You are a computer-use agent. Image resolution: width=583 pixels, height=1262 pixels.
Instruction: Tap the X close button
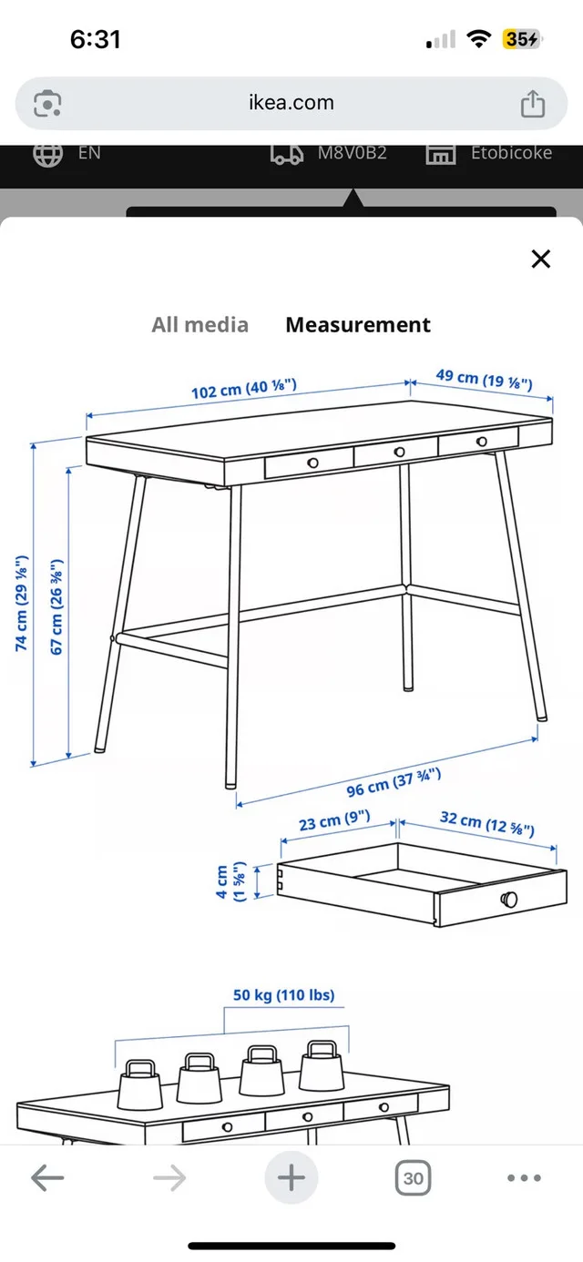[x=541, y=260]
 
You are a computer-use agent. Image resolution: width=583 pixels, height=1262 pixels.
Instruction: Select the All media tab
[x=199, y=325]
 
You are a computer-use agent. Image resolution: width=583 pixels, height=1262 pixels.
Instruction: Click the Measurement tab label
[x=358, y=325]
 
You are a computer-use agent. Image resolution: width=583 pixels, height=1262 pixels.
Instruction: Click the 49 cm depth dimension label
[x=483, y=380]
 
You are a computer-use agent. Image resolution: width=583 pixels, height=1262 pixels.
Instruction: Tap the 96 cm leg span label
[x=394, y=782]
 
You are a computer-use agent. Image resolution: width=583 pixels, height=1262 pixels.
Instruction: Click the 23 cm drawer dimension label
[x=333, y=821]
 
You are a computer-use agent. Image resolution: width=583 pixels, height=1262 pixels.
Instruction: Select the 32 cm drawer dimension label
[x=486, y=823]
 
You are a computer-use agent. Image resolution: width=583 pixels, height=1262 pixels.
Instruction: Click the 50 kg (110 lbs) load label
[x=283, y=995]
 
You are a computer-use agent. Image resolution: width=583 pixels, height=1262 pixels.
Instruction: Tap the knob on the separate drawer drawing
[x=509, y=900]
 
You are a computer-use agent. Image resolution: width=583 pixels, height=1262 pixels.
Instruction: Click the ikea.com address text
[x=291, y=103]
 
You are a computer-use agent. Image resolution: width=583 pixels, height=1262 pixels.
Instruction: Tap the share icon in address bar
[x=532, y=104]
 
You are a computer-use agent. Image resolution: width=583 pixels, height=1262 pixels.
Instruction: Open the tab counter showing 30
[x=413, y=1178]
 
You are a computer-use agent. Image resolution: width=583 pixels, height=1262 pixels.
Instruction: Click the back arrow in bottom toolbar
[x=47, y=1178]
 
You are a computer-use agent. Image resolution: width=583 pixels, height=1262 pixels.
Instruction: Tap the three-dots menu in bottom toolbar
[x=524, y=1178]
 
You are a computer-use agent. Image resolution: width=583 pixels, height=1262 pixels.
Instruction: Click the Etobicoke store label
[x=510, y=153]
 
